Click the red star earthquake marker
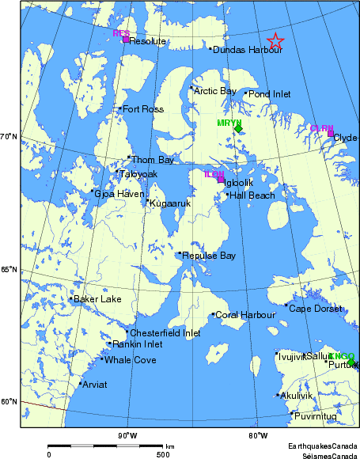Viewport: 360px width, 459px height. (275, 41)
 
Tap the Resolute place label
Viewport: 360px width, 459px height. (147, 41)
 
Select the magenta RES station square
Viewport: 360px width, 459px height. (126, 40)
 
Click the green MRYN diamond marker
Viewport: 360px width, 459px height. (238, 129)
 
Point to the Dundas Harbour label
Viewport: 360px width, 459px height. (237, 49)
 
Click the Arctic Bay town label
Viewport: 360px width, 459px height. (215, 91)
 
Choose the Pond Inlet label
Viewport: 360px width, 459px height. (269, 94)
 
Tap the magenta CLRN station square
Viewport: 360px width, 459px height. (331, 133)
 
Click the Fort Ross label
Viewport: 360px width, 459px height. (142, 108)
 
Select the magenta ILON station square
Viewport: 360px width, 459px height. (221, 179)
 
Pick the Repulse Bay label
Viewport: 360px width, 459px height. (209, 256)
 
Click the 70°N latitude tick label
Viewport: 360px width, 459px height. (9, 137)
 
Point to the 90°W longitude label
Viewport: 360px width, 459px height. (127, 435)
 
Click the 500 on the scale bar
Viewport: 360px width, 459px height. (162, 453)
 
